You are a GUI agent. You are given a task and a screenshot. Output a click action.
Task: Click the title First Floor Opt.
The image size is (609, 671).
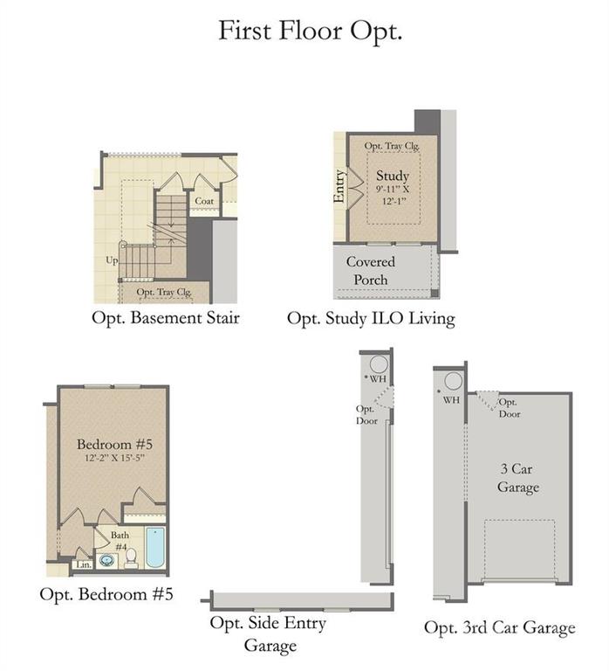309,31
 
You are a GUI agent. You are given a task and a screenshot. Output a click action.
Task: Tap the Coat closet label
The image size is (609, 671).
204,201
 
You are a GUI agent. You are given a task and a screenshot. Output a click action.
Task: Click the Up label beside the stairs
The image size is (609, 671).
112,260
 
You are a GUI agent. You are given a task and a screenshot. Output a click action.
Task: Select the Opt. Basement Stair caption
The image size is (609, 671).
166,318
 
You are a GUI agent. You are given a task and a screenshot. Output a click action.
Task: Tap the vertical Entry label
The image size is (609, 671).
340,186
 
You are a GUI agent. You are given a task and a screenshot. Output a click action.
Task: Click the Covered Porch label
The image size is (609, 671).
371,270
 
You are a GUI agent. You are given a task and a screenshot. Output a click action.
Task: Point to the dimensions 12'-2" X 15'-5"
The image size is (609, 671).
113,457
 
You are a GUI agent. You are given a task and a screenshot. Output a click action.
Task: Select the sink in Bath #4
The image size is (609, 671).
107,559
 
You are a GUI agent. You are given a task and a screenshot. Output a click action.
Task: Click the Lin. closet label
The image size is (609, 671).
84,565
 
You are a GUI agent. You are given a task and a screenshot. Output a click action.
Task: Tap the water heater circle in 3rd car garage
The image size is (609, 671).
453,381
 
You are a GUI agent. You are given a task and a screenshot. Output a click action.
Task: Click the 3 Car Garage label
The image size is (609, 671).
518,478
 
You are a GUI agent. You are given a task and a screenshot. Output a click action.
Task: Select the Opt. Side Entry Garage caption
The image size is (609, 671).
269,634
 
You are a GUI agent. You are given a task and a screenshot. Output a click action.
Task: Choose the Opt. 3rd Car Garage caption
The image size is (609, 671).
500,627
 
